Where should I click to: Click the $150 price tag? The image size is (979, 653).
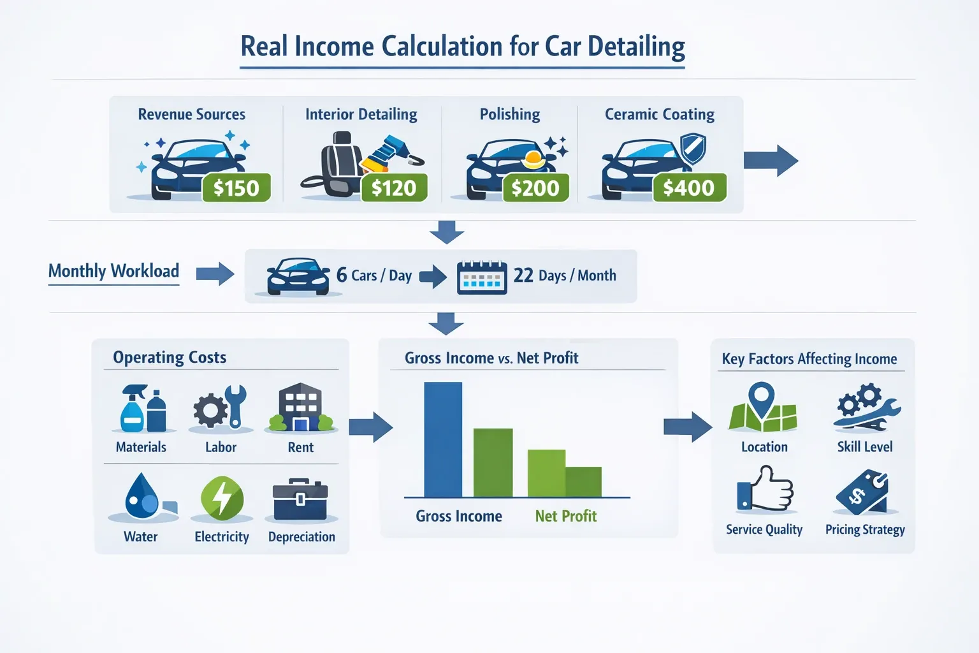click(x=236, y=187)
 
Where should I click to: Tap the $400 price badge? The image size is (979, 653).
click(x=690, y=187)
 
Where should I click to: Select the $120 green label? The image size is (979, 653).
click(x=395, y=187)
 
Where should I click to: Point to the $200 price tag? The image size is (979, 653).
click(x=535, y=187)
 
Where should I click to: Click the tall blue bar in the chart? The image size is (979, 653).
click(x=443, y=439)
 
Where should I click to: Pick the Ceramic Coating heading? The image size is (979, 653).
click(x=660, y=115)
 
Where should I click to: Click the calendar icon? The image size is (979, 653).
click(x=482, y=277)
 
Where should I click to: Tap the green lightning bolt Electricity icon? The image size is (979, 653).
click(x=222, y=498)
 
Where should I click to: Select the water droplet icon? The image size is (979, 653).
click(x=142, y=495)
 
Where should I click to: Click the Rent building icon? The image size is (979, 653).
click(x=301, y=407)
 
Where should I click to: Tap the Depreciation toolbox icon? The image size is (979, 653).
click(x=300, y=499)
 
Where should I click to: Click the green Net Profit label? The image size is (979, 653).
click(x=566, y=516)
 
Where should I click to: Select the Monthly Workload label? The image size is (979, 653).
click(x=113, y=271)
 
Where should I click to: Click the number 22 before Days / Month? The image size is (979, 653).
click(x=523, y=275)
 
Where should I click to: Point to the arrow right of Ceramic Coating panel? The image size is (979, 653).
click(x=771, y=161)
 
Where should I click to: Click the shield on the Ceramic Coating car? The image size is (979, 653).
click(x=693, y=148)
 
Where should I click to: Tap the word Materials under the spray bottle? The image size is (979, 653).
click(x=141, y=447)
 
